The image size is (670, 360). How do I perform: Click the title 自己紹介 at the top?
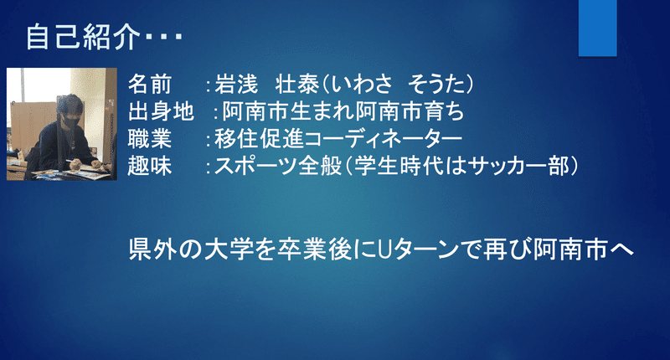coord(83,37)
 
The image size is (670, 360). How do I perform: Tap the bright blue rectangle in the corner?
coord(597,28)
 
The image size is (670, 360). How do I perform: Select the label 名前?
coord(150,84)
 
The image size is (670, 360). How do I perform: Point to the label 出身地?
coord(161,111)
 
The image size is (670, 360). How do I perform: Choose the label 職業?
coord(150,139)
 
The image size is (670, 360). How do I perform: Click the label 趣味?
coord(150,166)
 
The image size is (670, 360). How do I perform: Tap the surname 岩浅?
coord(236,84)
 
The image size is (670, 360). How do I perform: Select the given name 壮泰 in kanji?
coord(297,84)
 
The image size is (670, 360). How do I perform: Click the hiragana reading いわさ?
coord(361,84)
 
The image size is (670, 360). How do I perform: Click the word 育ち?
coord(444,111)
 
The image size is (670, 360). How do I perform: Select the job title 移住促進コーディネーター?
coord(338,139)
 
